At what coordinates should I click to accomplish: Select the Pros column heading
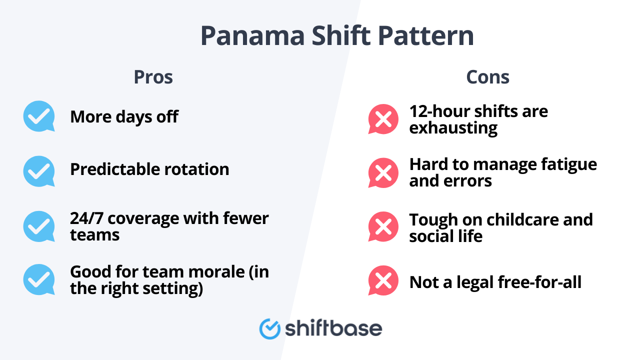(x=153, y=77)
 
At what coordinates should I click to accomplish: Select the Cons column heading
(x=487, y=77)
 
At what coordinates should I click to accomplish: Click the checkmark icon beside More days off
(x=39, y=116)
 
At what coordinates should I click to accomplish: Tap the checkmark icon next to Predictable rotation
(x=39, y=171)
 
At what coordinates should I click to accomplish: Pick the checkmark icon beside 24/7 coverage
(x=39, y=226)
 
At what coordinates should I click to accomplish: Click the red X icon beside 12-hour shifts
(x=383, y=119)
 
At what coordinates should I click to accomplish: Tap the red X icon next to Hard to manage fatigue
(x=383, y=173)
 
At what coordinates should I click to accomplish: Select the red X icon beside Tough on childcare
(x=383, y=227)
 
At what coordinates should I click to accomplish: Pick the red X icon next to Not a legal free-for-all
(x=383, y=281)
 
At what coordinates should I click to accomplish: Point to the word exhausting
(x=453, y=128)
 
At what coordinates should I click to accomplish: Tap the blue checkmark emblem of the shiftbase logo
(x=269, y=328)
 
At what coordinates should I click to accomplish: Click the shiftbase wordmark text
(x=333, y=328)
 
